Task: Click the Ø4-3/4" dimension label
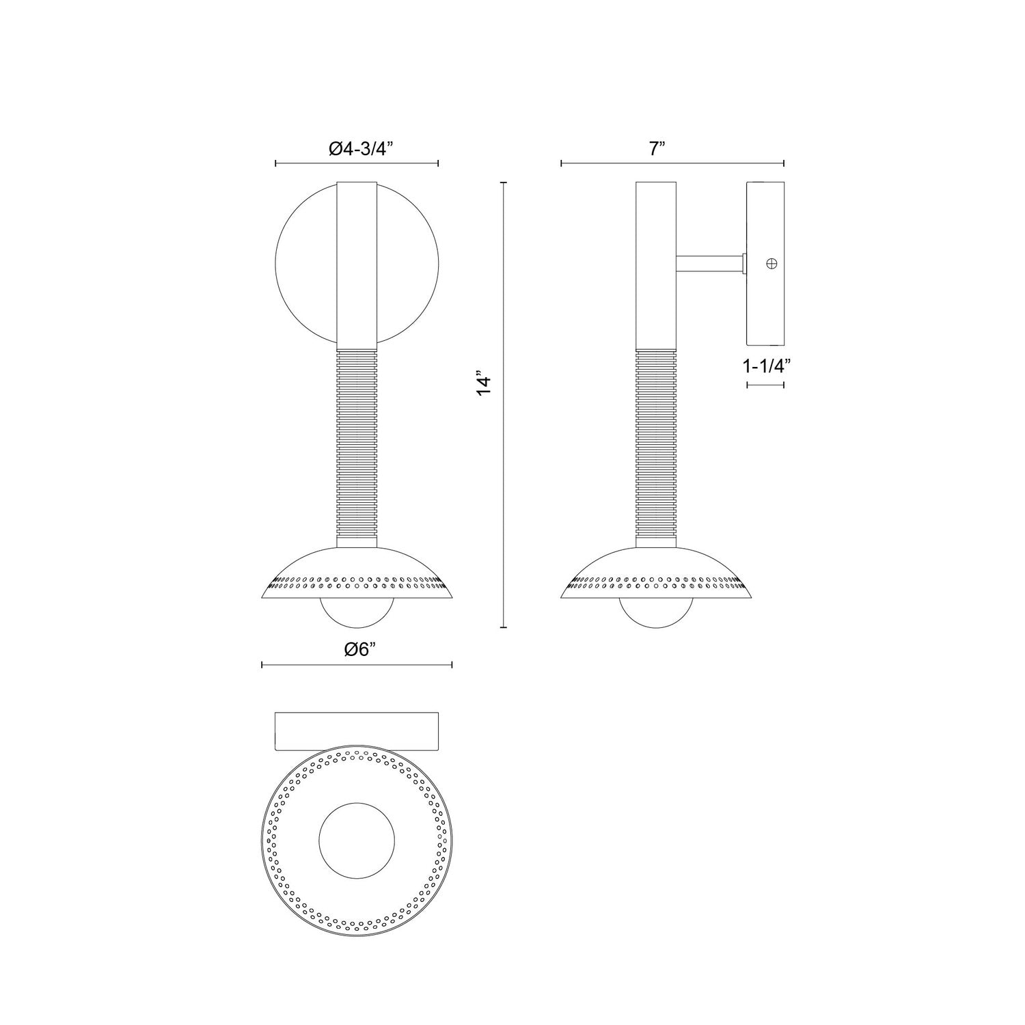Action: [357, 150]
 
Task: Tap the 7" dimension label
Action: [657, 149]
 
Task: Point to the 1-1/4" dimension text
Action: [766, 366]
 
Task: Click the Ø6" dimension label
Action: [357, 650]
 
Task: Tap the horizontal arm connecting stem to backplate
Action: [709, 263]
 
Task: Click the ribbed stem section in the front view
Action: [357, 437]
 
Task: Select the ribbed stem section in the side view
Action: [656, 437]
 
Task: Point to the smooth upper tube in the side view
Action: [656, 266]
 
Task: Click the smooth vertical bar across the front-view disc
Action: [357, 263]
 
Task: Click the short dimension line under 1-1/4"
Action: [765, 385]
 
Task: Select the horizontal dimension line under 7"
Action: [672, 163]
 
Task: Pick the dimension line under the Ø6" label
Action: [357, 664]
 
